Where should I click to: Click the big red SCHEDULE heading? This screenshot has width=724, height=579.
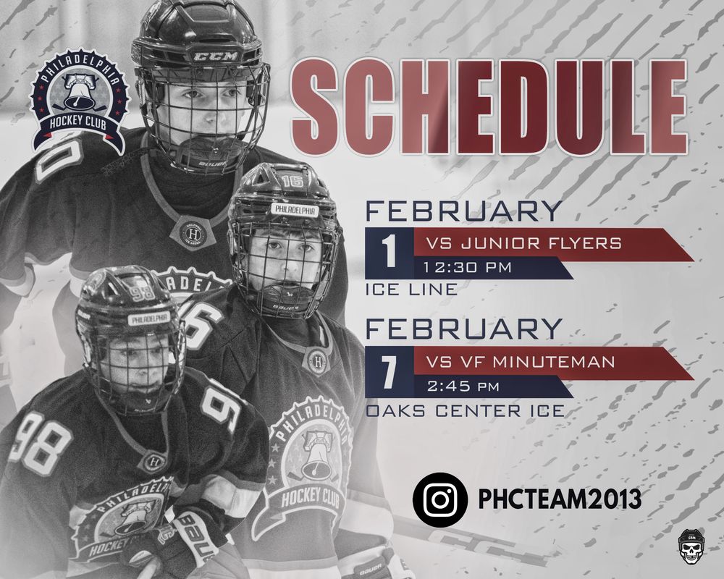pos(489,107)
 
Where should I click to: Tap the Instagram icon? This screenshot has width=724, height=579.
pos(440,499)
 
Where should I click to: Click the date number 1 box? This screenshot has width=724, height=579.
pos(390,253)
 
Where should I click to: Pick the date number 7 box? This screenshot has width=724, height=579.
pos(390,372)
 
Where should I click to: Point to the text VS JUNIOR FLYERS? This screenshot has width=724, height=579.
pos(523,243)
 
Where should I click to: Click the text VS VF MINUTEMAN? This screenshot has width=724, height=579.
pos(521,362)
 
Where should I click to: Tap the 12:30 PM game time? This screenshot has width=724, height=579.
pos(467,267)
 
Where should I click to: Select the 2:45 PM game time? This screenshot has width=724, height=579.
pos(463,386)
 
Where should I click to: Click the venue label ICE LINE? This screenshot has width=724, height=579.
pos(411,290)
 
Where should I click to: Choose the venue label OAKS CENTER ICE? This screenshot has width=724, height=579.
pos(466,410)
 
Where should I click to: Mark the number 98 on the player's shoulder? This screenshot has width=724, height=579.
pos(41,442)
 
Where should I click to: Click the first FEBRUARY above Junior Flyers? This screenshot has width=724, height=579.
pos(463,211)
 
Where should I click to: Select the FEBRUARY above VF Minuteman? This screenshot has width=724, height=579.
pos(463,329)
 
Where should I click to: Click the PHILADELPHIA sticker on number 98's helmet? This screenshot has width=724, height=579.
pos(148,318)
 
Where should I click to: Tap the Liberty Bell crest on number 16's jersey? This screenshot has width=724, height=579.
pos(311,462)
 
